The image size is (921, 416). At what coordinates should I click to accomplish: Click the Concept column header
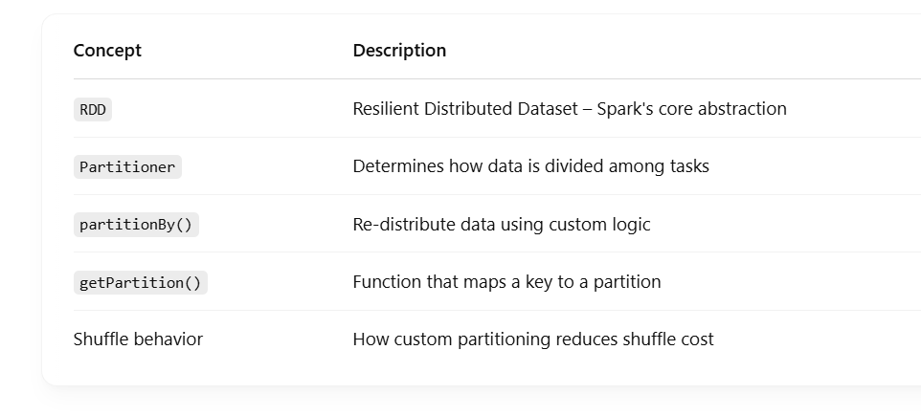[x=107, y=51]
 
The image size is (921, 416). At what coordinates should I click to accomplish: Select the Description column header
[x=399, y=51]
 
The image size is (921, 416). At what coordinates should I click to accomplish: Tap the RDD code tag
[x=93, y=110]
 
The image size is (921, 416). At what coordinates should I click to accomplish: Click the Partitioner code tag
[x=127, y=167]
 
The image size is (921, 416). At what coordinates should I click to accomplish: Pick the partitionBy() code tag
[x=136, y=225]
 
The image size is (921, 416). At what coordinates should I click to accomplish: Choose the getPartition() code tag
[x=141, y=283]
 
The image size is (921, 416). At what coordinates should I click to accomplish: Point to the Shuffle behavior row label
[x=138, y=339]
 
